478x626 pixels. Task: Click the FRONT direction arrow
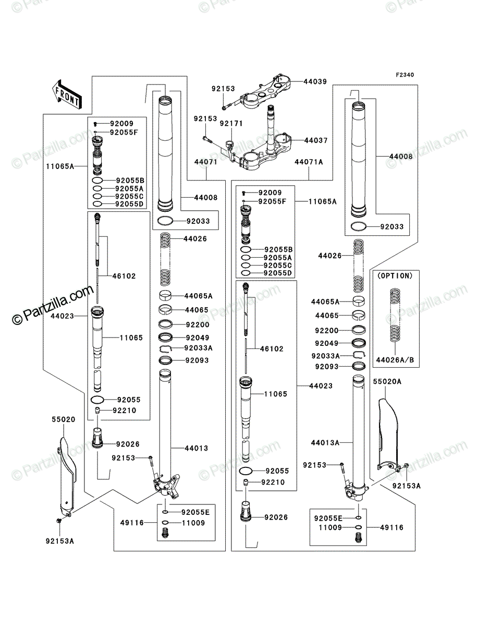pos(67,94)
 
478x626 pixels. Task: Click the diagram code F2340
pos(405,75)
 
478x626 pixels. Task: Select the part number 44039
pos(315,81)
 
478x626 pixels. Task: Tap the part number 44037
pos(316,140)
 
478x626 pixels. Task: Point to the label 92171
pos(231,124)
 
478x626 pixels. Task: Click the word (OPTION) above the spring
pos(395,276)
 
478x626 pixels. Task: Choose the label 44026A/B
pos(395,360)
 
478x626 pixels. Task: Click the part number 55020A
pos(387,381)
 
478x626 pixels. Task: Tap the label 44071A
pos(309,162)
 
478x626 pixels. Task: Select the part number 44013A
pos(325,442)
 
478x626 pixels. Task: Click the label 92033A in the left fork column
pos(198,348)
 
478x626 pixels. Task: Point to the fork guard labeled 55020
pos(68,476)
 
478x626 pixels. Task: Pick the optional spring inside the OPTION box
pos(395,315)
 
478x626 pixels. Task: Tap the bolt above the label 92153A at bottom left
pos(59,521)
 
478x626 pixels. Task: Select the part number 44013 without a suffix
pos(197,448)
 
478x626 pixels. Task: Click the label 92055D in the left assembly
pos(129,204)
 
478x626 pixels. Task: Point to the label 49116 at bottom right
pos(391,527)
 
